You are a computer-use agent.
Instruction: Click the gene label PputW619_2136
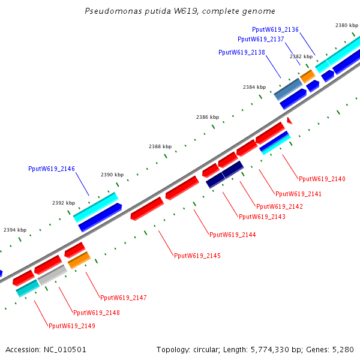(x=275, y=29)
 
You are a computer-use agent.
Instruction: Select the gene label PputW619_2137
(x=261, y=39)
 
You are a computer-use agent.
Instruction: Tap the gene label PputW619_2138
(x=242, y=52)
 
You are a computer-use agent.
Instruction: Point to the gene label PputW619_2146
(x=52, y=169)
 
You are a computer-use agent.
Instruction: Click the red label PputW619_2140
(x=322, y=179)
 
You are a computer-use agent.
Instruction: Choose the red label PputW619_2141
(x=298, y=194)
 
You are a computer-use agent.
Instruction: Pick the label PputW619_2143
(x=262, y=217)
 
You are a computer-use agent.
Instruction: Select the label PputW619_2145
(x=197, y=256)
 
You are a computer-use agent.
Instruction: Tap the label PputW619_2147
(x=124, y=298)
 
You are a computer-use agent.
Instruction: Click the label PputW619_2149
(x=72, y=326)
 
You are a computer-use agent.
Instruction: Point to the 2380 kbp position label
(x=346, y=25)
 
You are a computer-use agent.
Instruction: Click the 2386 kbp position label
(x=208, y=117)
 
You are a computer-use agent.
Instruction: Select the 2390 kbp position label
(x=112, y=175)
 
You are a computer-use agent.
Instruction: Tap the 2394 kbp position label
(x=15, y=230)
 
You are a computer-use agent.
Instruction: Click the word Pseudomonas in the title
(x=110, y=11)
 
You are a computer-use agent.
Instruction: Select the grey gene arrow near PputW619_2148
(x=53, y=274)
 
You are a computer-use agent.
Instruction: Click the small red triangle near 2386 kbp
(x=289, y=121)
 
